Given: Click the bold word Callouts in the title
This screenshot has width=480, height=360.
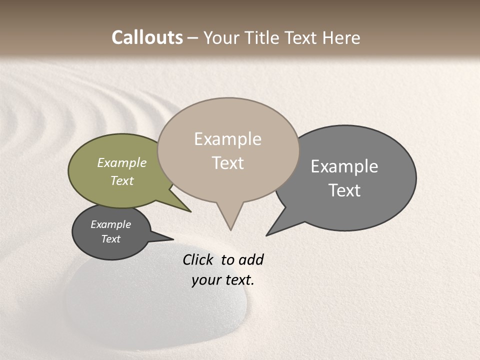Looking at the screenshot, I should click(x=147, y=37).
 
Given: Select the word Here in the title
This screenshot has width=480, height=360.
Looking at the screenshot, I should click(x=342, y=37).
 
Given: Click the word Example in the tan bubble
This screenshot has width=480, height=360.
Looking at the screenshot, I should click(x=227, y=138).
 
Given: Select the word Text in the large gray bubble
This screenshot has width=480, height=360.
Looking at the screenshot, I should click(x=344, y=190).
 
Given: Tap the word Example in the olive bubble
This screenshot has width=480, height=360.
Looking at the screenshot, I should click(x=122, y=162).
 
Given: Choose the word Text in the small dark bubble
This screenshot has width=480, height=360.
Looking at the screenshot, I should click(x=111, y=239).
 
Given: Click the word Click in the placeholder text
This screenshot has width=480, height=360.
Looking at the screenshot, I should click(x=198, y=259).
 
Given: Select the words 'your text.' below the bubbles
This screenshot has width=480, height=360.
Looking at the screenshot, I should click(x=223, y=280).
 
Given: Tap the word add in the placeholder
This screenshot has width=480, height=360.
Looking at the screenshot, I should click(x=251, y=259).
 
